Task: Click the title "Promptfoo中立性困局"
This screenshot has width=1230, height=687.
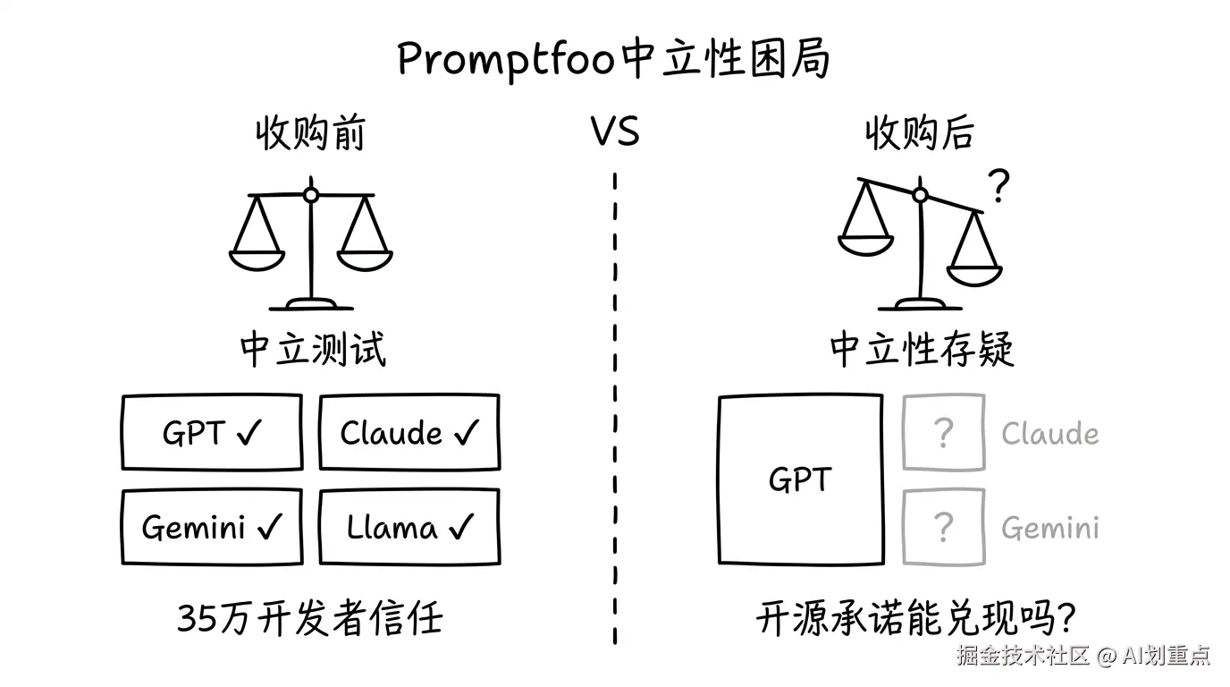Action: coord(614,59)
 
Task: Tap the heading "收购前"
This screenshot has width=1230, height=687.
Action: coord(310,134)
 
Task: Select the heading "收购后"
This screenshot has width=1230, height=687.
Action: coord(919,134)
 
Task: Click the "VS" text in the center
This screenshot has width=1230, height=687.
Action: coord(615,132)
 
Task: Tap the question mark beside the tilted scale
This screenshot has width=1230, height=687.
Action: coord(998,187)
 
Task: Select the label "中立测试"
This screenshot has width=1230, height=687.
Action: coord(313,350)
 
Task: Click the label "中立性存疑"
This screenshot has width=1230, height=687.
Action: coord(922,350)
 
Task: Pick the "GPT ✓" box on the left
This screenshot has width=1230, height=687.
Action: coord(212,433)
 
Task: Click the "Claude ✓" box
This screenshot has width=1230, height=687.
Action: coord(409,433)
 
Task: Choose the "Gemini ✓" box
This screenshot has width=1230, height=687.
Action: coord(212,528)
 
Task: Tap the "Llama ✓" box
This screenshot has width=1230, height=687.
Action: coord(409,528)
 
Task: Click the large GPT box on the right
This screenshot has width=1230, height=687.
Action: coord(800,480)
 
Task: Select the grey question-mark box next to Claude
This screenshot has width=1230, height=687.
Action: coord(943,433)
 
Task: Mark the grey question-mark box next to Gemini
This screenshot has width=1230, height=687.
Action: coord(943,528)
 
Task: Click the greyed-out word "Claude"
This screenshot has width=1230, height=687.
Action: coord(1049,434)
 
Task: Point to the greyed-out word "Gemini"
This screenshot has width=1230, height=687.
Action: coord(1049,529)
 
